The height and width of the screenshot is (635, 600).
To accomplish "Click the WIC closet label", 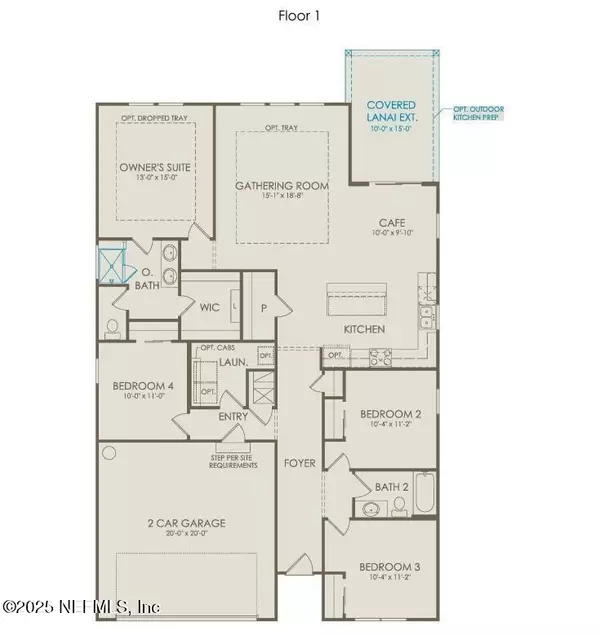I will tap(210, 308).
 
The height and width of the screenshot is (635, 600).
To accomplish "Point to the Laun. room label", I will tap(234, 366).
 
